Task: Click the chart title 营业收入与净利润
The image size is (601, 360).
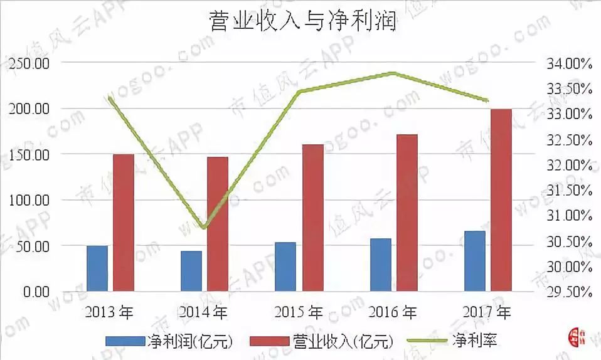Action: tap(301, 23)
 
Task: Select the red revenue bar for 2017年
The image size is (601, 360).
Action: tap(501, 200)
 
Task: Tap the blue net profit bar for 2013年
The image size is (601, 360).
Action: tap(97, 268)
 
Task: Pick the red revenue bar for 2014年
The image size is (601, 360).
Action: tap(218, 224)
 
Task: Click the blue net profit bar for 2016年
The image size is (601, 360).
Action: tap(381, 265)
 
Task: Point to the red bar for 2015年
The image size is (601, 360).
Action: tap(312, 218)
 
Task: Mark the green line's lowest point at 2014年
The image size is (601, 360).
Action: tap(204, 226)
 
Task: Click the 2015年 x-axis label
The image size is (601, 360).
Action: tap(299, 312)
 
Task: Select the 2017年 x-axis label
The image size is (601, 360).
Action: tap(487, 312)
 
